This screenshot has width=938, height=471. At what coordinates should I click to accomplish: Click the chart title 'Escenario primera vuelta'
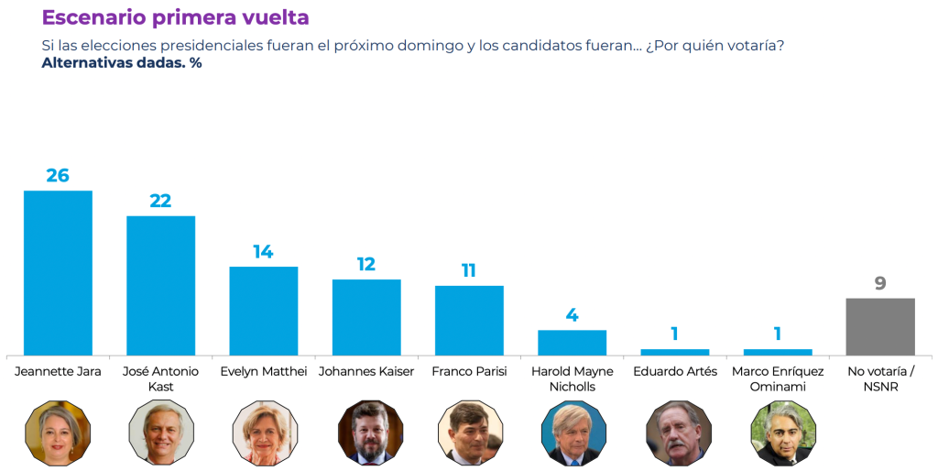click(175, 17)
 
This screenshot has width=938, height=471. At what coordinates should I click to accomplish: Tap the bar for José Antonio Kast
click(160, 285)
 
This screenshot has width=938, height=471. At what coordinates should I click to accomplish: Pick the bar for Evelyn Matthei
click(263, 311)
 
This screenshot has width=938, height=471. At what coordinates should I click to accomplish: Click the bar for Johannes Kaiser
click(366, 317)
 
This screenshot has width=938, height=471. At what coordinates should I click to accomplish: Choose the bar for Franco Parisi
click(469, 320)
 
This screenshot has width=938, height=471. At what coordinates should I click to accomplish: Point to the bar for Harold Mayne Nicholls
click(572, 342)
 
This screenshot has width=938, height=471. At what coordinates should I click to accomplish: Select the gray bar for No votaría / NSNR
click(880, 326)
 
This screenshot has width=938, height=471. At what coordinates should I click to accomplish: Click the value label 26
click(58, 175)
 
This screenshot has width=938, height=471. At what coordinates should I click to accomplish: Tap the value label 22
click(160, 201)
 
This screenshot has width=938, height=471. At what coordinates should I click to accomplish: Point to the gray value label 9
click(880, 283)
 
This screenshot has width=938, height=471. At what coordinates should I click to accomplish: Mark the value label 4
click(572, 315)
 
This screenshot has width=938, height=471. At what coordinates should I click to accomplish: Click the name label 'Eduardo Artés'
click(675, 372)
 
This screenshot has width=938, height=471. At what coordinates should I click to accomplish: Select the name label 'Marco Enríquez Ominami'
click(778, 378)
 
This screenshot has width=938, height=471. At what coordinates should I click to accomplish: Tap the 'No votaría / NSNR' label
click(880, 378)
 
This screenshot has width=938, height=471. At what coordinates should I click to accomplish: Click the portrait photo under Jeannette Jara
click(58, 433)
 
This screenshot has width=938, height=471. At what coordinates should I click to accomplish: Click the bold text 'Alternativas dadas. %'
click(121, 63)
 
